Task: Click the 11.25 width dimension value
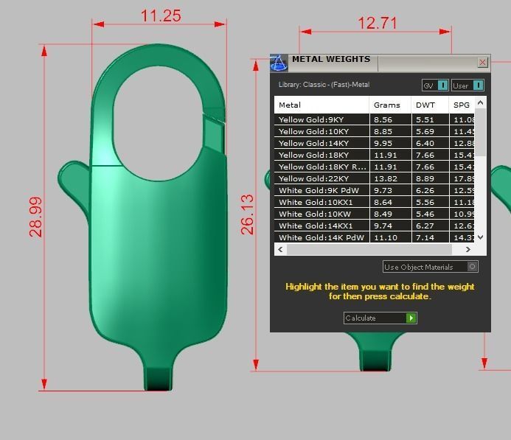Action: (x=161, y=15)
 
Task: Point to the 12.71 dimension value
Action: (x=378, y=24)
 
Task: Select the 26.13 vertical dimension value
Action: (x=248, y=214)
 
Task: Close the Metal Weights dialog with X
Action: (x=482, y=63)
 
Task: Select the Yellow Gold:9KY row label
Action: (x=311, y=119)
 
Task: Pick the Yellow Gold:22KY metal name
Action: (x=313, y=178)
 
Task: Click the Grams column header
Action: (x=387, y=105)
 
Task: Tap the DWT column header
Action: (x=425, y=105)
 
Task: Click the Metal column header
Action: (x=290, y=105)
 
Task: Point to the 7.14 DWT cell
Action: (x=425, y=237)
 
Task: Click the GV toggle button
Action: (x=435, y=85)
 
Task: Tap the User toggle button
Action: (x=467, y=85)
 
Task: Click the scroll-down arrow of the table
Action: (x=481, y=237)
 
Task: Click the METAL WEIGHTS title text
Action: (x=330, y=60)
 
